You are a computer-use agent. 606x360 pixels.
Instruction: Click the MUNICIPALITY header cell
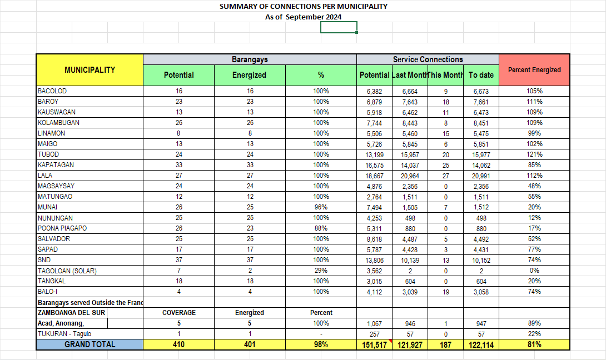tap(90, 70)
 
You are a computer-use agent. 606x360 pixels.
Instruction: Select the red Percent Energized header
tap(534, 70)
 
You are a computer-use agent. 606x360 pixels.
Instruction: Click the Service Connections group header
tap(428, 59)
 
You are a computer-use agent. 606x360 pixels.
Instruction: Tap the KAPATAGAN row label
tap(56, 165)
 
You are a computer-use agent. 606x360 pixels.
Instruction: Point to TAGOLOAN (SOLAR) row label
tap(67, 271)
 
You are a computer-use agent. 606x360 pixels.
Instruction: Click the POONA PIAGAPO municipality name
tap(62, 228)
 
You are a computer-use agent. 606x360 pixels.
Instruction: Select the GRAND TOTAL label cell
tap(90, 344)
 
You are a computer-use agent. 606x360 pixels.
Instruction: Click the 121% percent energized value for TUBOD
tap(534, 154)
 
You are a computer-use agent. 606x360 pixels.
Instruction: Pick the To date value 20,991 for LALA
tap(481, 176)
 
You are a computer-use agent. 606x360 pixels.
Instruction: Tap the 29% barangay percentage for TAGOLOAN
tap(321, 271)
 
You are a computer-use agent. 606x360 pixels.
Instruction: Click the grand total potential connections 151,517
tap(374, 345)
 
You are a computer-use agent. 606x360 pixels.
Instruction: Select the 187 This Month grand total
tap(445, 345)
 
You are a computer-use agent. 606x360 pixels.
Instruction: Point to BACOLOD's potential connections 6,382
tap(374, 91)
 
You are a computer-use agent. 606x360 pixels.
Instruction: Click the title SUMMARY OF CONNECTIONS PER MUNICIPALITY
tap(303, 7)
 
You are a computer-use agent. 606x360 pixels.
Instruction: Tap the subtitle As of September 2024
tap(303, 17)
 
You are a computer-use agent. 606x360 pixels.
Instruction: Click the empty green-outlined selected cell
tap(339, 27)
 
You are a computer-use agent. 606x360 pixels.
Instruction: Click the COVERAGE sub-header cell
tap(178, 313)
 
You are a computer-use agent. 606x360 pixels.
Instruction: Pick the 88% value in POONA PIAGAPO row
tap(321, 228)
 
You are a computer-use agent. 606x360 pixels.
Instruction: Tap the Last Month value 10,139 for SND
tap(409, 260)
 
